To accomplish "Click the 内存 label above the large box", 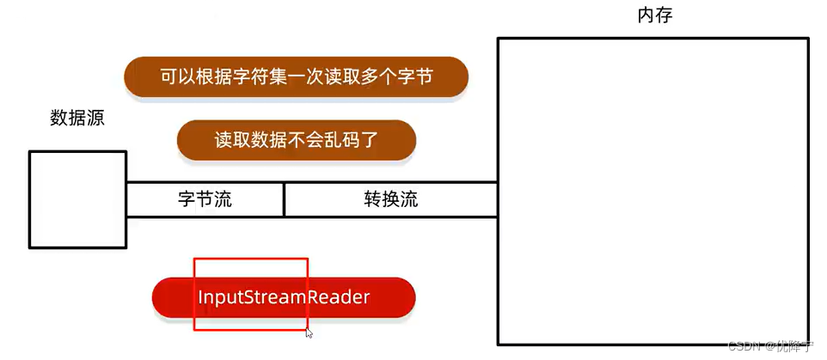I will (655, 15).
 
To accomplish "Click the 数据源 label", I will (77, 119).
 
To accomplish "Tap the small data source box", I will (77, 199).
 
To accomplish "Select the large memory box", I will (653, 189).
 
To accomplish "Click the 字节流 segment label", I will (205, 200).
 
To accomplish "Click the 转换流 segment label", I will (391, 200).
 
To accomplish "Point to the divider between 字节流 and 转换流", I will (284, 199).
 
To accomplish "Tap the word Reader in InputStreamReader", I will (341, 297).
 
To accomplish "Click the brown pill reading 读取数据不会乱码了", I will (297, 140).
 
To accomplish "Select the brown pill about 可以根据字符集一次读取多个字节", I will (297, 77).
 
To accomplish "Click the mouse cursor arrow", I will (309, 333).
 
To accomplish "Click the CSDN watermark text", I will (744, 345).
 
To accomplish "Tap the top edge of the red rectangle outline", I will (250, 258).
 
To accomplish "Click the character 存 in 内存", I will (664, 15).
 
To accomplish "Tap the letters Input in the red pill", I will (220, 297).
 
